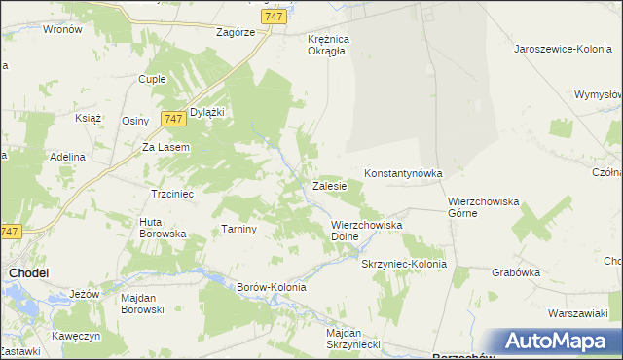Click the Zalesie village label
[x=331, y=185]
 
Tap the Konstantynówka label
[x=403, y=173]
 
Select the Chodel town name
[x=29, y=274]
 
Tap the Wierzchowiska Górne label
[x=484, y=207]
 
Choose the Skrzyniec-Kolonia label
[x=404, y=264]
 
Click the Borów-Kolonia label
[x=272, y=287]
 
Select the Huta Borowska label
[x=163, y=228]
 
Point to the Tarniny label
[x=238, y=230]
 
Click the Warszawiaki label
[x=577, y=314]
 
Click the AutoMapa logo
[x=556, y=342]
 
